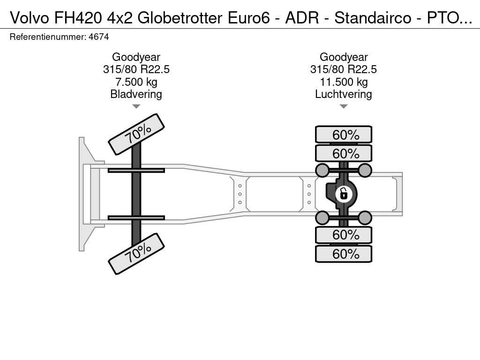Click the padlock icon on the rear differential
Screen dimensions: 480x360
pyautogui.click(x=344, y=194)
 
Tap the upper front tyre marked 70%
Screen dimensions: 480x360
pyautogui.click(x=136, y=135)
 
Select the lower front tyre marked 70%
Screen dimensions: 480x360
pyautogui.click(x=136, y=254)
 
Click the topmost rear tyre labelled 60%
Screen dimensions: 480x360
pyautogui.click(x=344, y=135)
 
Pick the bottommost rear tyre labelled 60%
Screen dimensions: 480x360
pyautogui.click(x=344, y=254)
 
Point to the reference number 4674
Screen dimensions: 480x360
pyautogui.click(x=98, y=37)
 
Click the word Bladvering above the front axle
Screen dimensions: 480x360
pyautogui.click(x=136, y=94)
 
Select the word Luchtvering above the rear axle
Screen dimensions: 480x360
pyautogui.click(x=344, y=94)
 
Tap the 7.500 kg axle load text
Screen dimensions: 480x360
pyautogui.click(x=136, y=82)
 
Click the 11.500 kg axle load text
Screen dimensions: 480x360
pyautogui.click(x=344, y=82)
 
